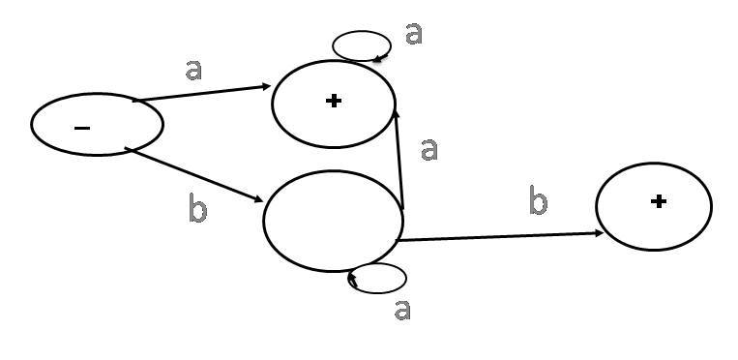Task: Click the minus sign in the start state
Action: [x=82, y=128]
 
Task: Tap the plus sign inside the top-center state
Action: [x=334, y=101]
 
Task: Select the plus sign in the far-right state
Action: [x=658, y=201]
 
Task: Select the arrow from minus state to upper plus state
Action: [x=201, y=93]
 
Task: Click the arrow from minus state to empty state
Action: [x=193, y=175]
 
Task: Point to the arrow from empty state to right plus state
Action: [x=500, y=236]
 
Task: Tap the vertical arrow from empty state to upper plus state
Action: [x=399, y=159]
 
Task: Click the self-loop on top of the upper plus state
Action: [x=362, y=31]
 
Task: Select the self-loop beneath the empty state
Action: [x=377, y=293]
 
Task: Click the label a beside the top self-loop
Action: [x=414, y=34]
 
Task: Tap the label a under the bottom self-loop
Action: [x=402, y=310]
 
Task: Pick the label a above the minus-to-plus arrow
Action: [x=193, y=70]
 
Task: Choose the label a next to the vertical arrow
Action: [x=428, y=150]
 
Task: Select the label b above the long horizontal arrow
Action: [x=539, y=200]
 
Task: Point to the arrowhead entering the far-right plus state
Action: [x=599, y=233]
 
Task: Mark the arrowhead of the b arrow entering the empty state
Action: [x=259, y=199]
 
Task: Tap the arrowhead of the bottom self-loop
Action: [x=352, y=281]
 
